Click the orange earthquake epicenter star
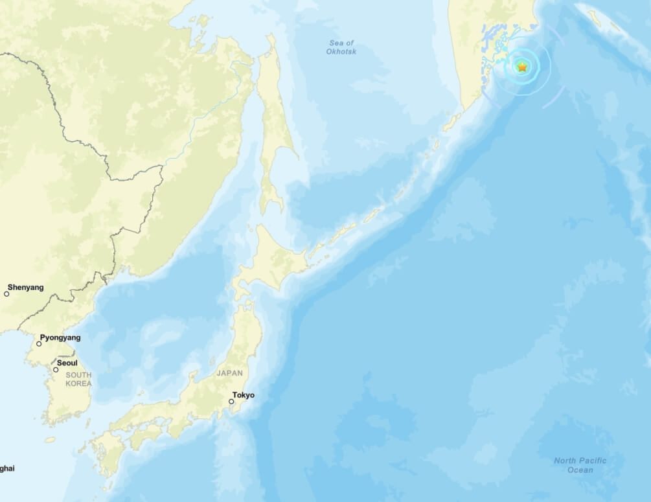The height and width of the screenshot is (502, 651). [522, 66]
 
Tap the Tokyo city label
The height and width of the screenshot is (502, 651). [244, 395]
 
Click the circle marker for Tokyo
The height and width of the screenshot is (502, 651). [231, 402]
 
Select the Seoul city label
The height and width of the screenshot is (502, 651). [67, 363]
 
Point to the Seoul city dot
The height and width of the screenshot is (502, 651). [56, 370]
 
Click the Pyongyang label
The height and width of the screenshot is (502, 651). [60, 337]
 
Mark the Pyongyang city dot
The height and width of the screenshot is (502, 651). [39, 344]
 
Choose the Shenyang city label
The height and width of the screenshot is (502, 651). [26, 287]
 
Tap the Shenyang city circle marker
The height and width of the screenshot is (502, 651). [7, 294]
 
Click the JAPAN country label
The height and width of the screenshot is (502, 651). [230, 373]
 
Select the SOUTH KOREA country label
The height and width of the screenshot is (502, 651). [78, 380]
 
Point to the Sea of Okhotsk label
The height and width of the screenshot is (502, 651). [341, 47]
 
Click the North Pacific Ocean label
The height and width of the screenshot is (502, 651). [580, 465]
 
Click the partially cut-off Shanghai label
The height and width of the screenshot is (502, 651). [6, 468]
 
